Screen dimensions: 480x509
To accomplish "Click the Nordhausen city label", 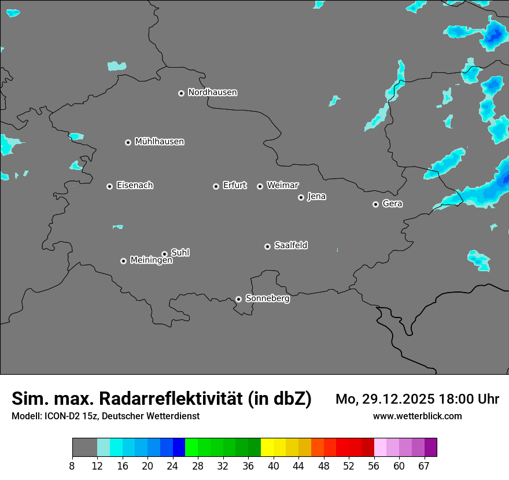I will tap(212, 93).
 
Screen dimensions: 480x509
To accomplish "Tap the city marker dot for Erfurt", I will tap(216, 186).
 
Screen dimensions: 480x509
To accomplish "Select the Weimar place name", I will tap(282, 186).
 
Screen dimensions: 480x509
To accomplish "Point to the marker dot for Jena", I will tap(301, 197).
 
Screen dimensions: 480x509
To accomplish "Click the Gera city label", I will tap(392, 204).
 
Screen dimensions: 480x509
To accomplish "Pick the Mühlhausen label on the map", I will tap(159, 142).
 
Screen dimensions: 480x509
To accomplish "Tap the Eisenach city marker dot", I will tap(109, 186).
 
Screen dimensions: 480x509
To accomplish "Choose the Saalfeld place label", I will tap(290, 246).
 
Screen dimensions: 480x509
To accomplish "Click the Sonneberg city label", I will tap(267, 298).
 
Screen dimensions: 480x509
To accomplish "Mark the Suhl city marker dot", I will tap(164, 254).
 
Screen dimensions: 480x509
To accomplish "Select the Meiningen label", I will tap(151, 261).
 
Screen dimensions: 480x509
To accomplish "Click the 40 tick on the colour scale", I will tap(274, 466).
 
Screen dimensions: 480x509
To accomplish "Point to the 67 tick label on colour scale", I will tap(424, 466).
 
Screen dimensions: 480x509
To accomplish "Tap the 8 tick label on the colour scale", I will tap(72, 466).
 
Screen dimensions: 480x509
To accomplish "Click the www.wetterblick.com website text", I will tap(417, 416).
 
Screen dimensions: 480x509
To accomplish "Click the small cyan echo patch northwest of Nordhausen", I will tap(117, 66).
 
